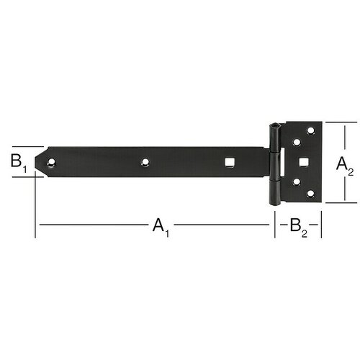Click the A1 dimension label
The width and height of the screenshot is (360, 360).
[161, 228]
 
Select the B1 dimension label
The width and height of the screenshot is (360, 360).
[19, 163]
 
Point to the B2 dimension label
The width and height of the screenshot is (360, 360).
[299, 228]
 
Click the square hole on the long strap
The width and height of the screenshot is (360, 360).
[230, 162]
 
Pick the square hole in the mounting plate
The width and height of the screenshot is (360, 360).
[304, 162]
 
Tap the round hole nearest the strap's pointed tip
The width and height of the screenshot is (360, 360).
[51, 163]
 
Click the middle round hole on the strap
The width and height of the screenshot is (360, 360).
[145, 163]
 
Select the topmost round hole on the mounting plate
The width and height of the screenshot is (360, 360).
[310, 131]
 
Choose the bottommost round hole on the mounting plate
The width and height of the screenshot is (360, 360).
[310, 194]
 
